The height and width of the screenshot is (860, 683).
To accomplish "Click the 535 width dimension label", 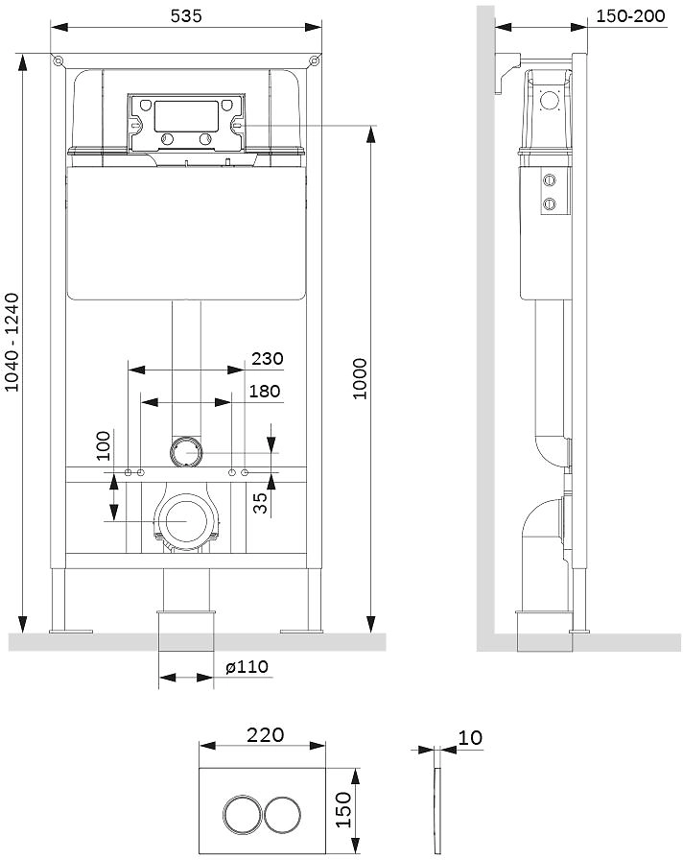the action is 186,16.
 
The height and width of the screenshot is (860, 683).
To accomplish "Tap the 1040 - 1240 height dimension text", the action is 12,343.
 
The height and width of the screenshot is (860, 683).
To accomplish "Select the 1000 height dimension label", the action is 360,378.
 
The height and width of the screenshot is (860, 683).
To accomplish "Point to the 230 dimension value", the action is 268,359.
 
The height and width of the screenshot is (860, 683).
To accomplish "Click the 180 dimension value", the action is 265,391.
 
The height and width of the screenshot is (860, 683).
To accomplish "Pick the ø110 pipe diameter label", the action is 247,667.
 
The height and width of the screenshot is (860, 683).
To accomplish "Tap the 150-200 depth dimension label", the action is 630,16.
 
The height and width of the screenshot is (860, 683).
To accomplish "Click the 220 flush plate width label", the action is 266,735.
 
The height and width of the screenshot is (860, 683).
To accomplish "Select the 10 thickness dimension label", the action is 470,738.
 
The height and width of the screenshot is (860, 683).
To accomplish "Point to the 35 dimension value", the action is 262,503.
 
